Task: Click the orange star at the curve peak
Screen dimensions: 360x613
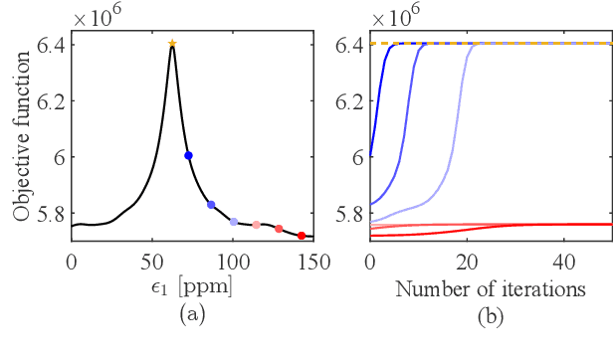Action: tap(172, 43)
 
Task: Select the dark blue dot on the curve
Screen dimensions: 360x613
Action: tap(188, 155)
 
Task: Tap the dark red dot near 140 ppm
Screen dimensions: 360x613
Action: tap(302, 235)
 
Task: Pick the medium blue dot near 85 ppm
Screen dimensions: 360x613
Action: tap(211, 204)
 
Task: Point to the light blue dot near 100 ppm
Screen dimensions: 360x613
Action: tap(234, 222)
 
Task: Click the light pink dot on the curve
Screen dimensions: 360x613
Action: tap(257, 225)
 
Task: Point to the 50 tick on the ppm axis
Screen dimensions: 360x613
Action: tap(151, 263)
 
